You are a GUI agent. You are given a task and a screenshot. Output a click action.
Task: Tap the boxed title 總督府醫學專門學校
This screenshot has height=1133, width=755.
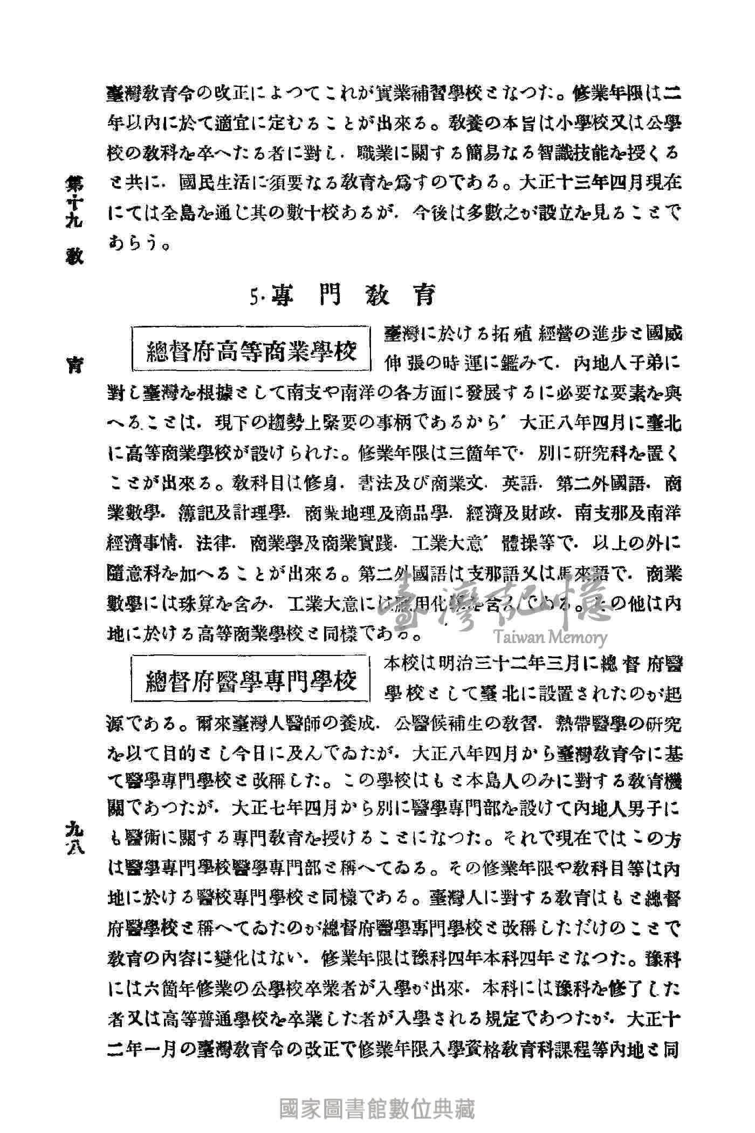pyautogui.click(x=252, y=682)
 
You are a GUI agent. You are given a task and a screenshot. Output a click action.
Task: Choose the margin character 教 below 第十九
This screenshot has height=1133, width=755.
pyautogui.click(x=74, y=256)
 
